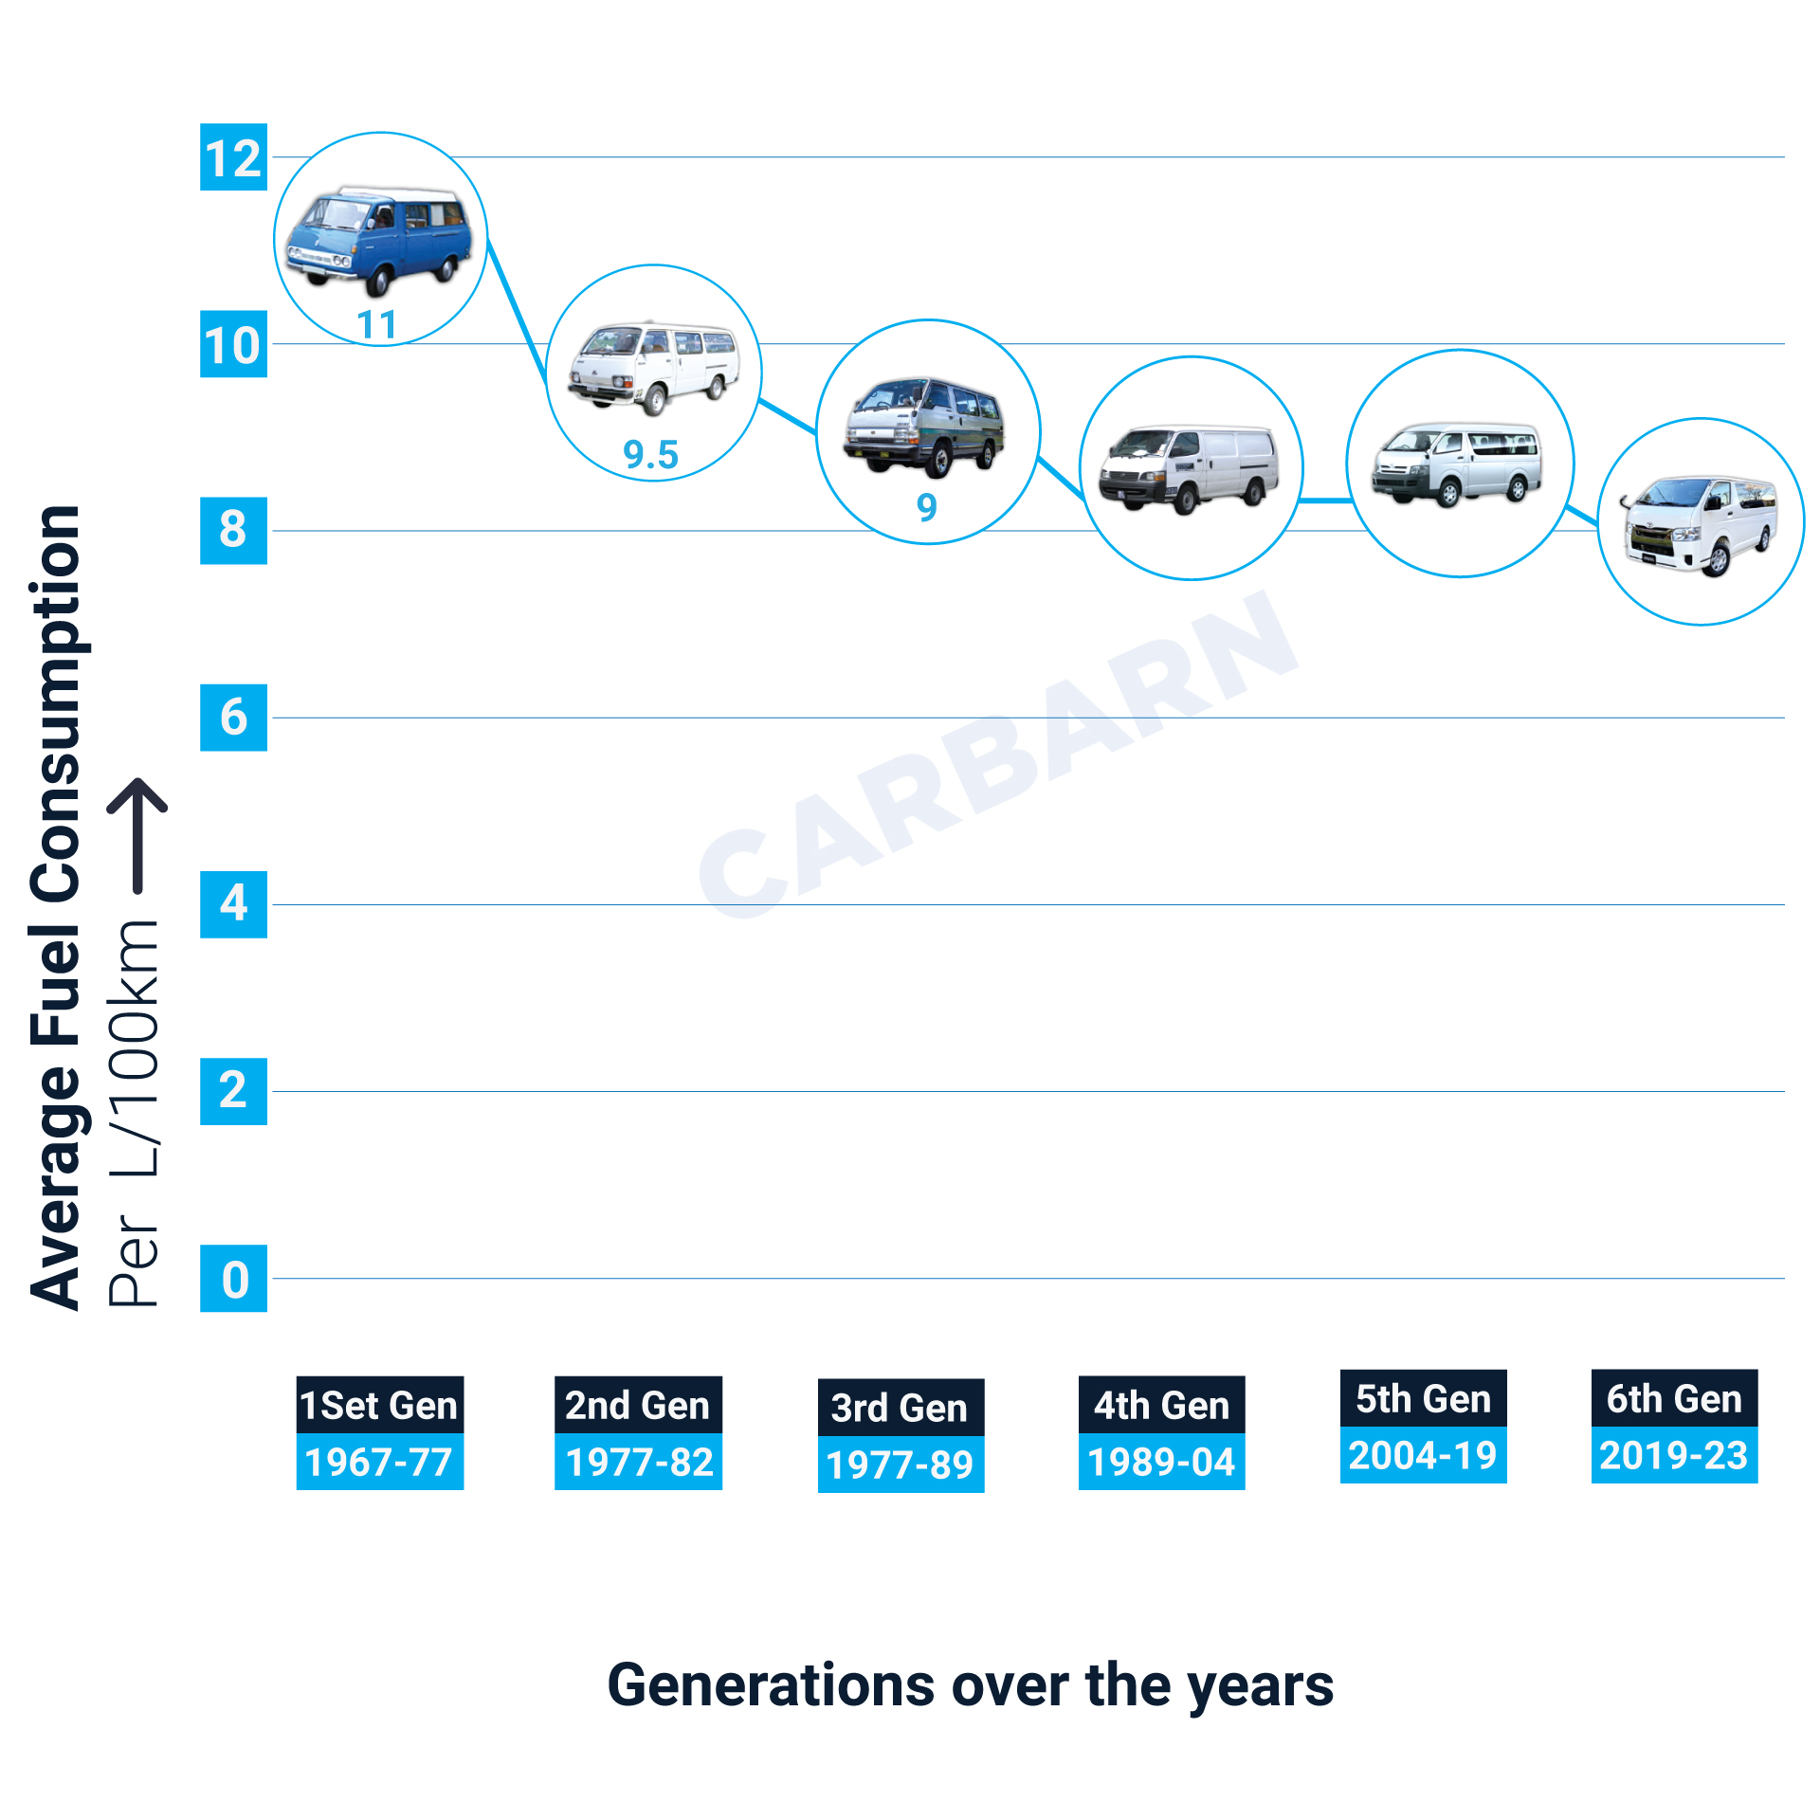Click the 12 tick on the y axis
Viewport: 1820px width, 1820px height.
pyautogui.click(x=233, y=157)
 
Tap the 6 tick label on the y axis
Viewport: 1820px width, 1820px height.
pyautogui.click(x=233, y=718)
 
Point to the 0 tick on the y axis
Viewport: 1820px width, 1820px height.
pyautogui.click(x=233, y=1279)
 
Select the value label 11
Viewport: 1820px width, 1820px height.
pyautogui.click(x=376, y=325)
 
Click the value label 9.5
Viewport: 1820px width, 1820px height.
pyautogui.click(x=650, y=455)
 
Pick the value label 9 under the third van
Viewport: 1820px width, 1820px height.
pyautogui.click(x=926, y=507)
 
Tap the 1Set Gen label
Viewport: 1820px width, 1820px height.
pyautogui.click(x=379, y=1405)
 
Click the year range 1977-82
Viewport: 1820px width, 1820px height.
pyautogui.click(x=638, y=1463)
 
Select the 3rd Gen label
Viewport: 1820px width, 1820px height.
pyautogui.click(x=901, y=1408)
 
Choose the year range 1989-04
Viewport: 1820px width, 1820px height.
pyautogui.click(x=1161, y=1463)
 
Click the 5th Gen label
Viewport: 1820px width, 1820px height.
pyautogui.click(x=1423, y=1399)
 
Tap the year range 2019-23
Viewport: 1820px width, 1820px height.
pyautogui.click(x=1674, y=1456)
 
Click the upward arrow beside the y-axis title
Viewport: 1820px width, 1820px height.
pyautogui.click(x=137, y=834)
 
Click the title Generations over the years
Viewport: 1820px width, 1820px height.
pyautogui.click(x=970, y=1685)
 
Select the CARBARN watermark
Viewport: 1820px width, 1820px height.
pyautogui.click(x=995, y=758)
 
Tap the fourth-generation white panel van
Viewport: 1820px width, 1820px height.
pyautogui.click(x=1189, y=468)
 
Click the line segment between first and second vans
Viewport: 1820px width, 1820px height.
pyautogui.click(x=518, y=313)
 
